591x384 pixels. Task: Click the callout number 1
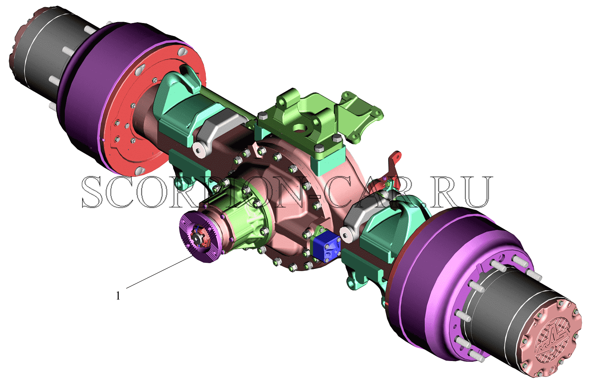pyautogui.click(x=118, y=296)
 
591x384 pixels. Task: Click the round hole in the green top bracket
pyautogui.click(x=300, y=128)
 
